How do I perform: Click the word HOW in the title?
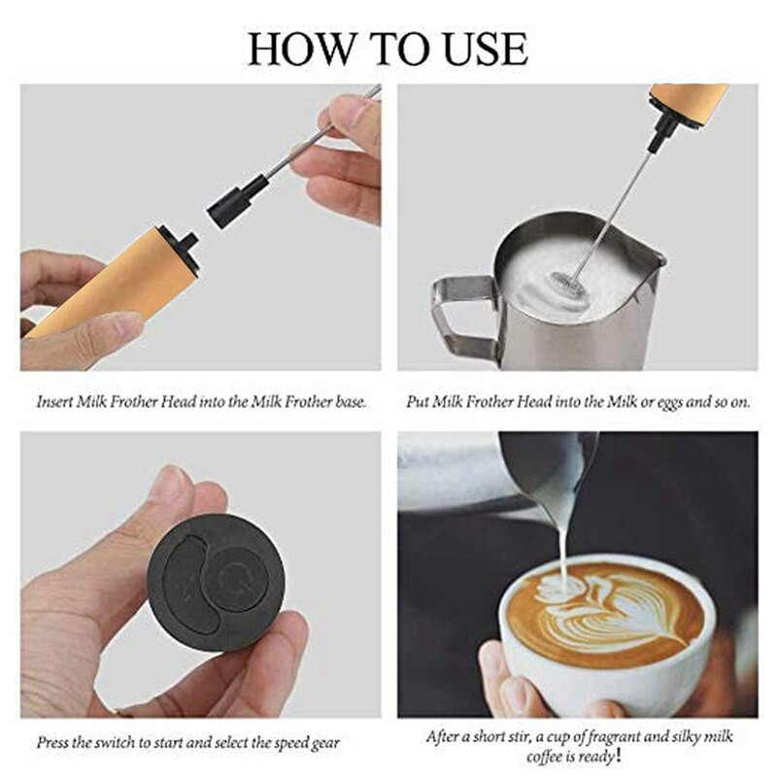302,49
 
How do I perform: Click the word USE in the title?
486,49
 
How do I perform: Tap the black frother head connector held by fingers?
237,199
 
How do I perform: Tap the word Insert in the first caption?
54,401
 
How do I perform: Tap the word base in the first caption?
351,401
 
